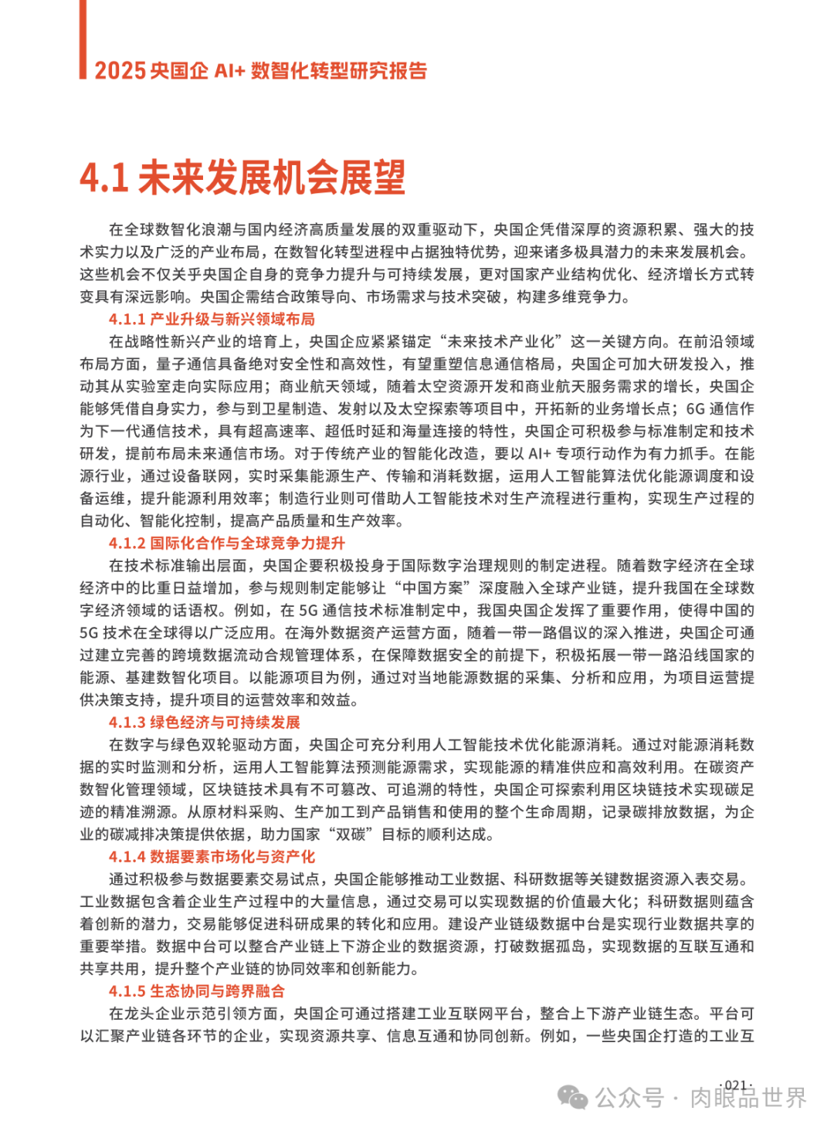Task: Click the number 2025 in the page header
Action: pos(120,71)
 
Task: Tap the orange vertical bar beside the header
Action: pos(83,39)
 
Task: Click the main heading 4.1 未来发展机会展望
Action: pos(242,178)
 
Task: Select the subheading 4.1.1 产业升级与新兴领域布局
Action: pos(212,320)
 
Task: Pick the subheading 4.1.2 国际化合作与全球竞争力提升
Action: pos(227,543)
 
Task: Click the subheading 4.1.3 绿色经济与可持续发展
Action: pos(205,723)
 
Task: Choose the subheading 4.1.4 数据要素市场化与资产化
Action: pos(212,857)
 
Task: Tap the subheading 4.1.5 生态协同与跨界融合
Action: pos(197,991)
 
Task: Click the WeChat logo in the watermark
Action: pos(572,1097)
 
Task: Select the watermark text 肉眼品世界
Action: pos(748,1098)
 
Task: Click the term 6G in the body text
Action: pos(697,409)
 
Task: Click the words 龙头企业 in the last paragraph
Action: pos(154,1014)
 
